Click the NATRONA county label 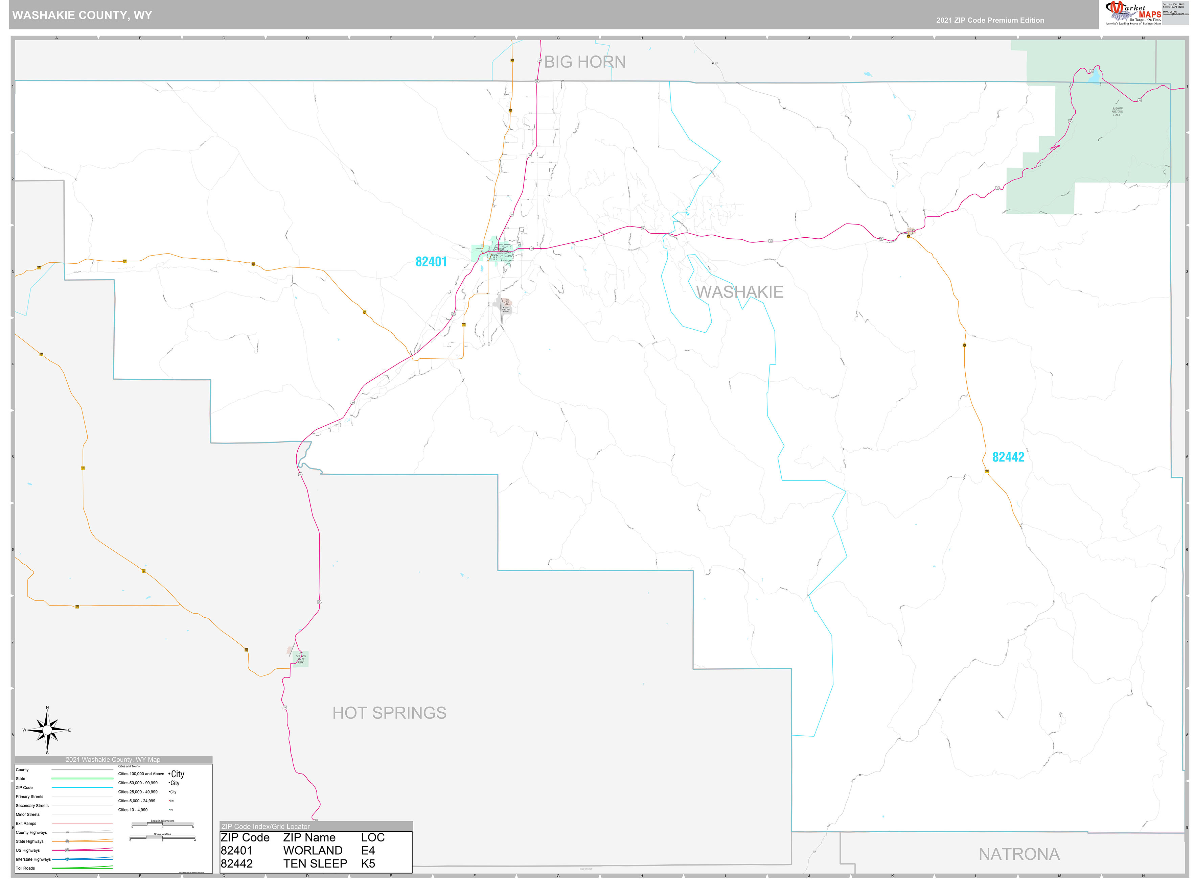[x=1019, y=854]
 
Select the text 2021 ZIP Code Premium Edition [x=990, y=20]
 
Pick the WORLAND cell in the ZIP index [x=313, y=850]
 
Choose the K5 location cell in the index [x=368, y=863]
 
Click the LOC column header [x=373, y=837]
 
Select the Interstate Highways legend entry [x=33, y=859]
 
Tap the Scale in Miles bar [x=162, y=838]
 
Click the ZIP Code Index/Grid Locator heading [x=265, y=826]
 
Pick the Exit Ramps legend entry [x=26, y=823]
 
